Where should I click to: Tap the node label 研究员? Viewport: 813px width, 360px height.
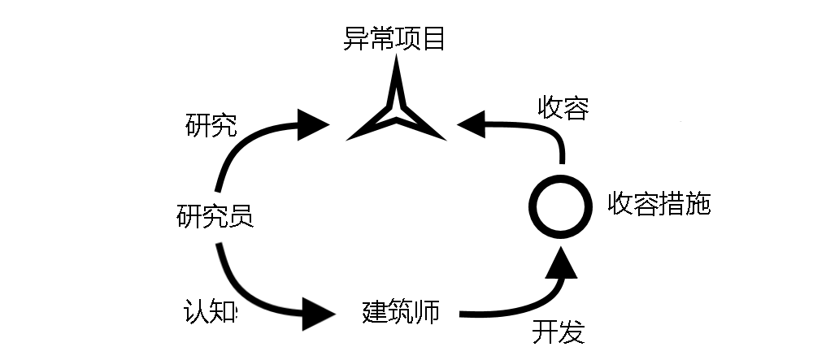pyautogui.click(x=215, y=216)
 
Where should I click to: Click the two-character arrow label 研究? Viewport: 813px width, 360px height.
pyautogui.click(x=211, y=126)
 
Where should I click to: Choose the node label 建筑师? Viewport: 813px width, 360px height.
pyautogui.click(x=401, y=312)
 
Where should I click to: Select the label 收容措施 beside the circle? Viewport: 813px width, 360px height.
pyautogui.click(x=659, y=204)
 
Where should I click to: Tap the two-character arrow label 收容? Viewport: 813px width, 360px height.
pyautogui.click(x=563, y=108)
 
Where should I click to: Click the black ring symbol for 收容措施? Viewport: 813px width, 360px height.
pyautogui.click(x=560, y=206)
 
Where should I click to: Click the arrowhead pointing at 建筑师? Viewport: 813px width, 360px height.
pyautogui.click(x=318, y=312)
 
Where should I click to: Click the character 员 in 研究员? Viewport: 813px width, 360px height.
pyautogui.click(x=241, y=216)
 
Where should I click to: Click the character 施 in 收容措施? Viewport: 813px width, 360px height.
pyautogui.click(x=698, y=204)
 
